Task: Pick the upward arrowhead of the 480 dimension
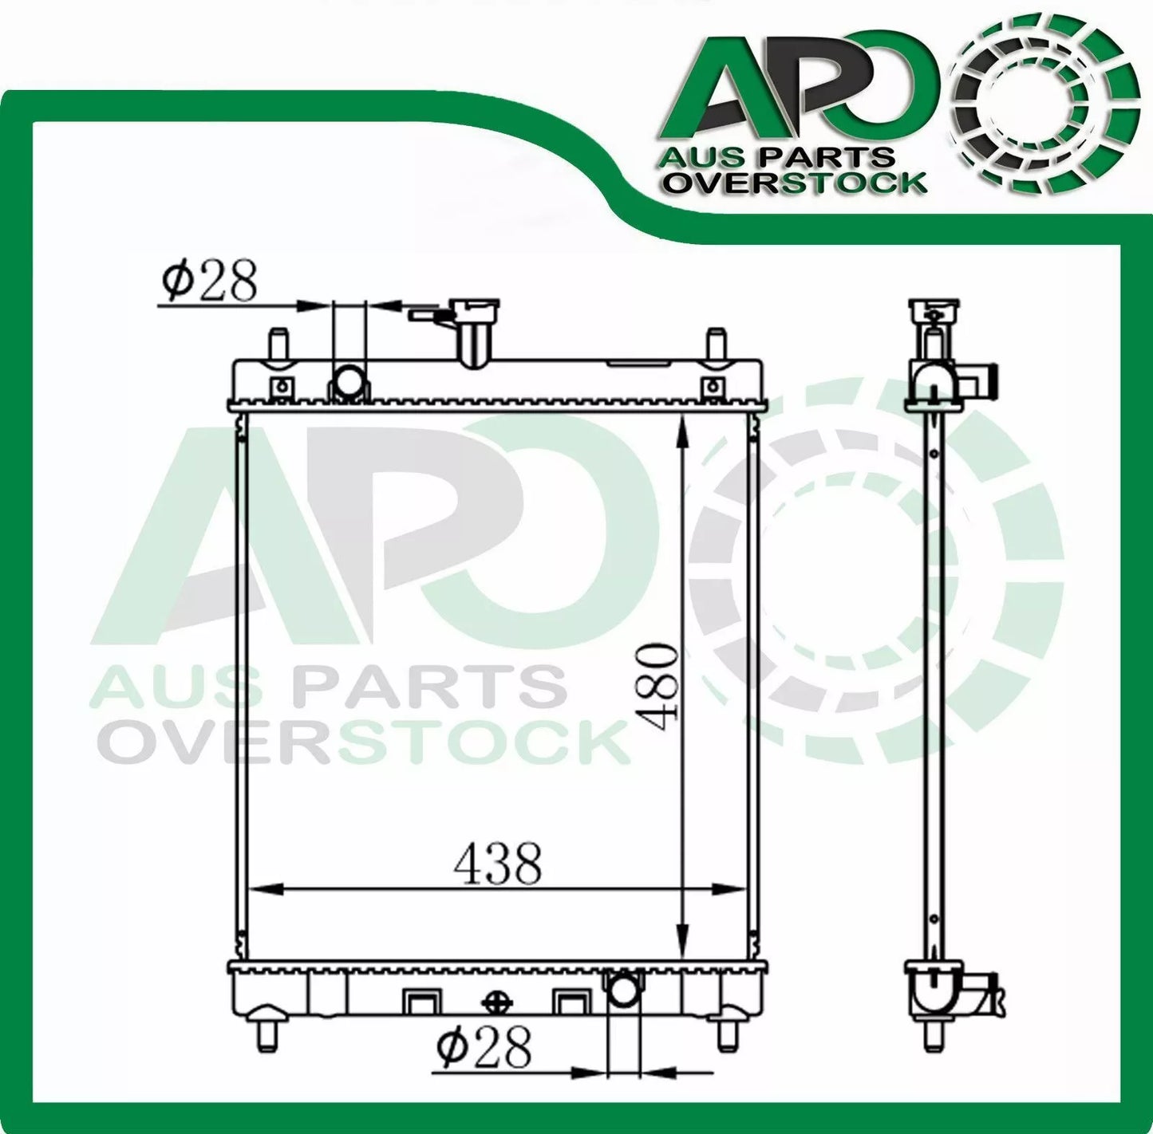682,435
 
